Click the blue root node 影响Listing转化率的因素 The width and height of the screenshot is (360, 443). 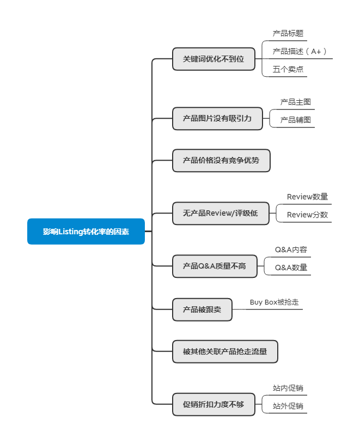click(86, 232)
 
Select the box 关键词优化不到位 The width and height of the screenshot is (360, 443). click(213, 58)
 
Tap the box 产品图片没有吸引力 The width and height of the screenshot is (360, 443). click(217, 118)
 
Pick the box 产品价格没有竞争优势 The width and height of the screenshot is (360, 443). click(221, 160)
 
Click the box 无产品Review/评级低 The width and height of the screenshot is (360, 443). click(221, 213)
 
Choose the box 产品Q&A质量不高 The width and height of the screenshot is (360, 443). click(215, 266)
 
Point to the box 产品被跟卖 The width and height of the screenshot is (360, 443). click(202, 310)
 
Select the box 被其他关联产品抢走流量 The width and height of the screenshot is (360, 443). click(225, 351)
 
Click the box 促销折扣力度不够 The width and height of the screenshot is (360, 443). click(213, 404)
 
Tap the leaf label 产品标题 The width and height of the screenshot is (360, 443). click(288, 33)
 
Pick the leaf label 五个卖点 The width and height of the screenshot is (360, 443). click(288, 69)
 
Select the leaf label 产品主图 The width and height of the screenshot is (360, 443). click(296, 102)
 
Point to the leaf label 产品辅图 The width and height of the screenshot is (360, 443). click(296, 120)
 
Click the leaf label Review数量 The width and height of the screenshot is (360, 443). click(307, 197)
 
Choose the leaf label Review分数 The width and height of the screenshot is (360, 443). click(307, 215)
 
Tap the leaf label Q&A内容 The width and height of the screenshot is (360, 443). click(291, 250)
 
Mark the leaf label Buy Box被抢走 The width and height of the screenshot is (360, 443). click(274, 302)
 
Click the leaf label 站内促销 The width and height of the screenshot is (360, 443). click(288, 388)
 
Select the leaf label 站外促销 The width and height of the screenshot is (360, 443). click(288, 406)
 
